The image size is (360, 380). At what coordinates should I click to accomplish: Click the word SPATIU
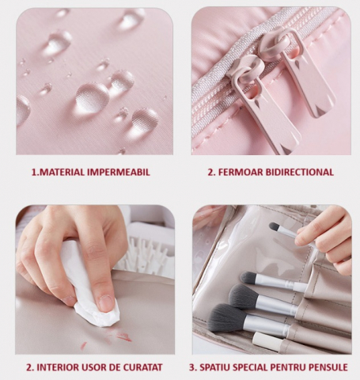coord(214,367)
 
